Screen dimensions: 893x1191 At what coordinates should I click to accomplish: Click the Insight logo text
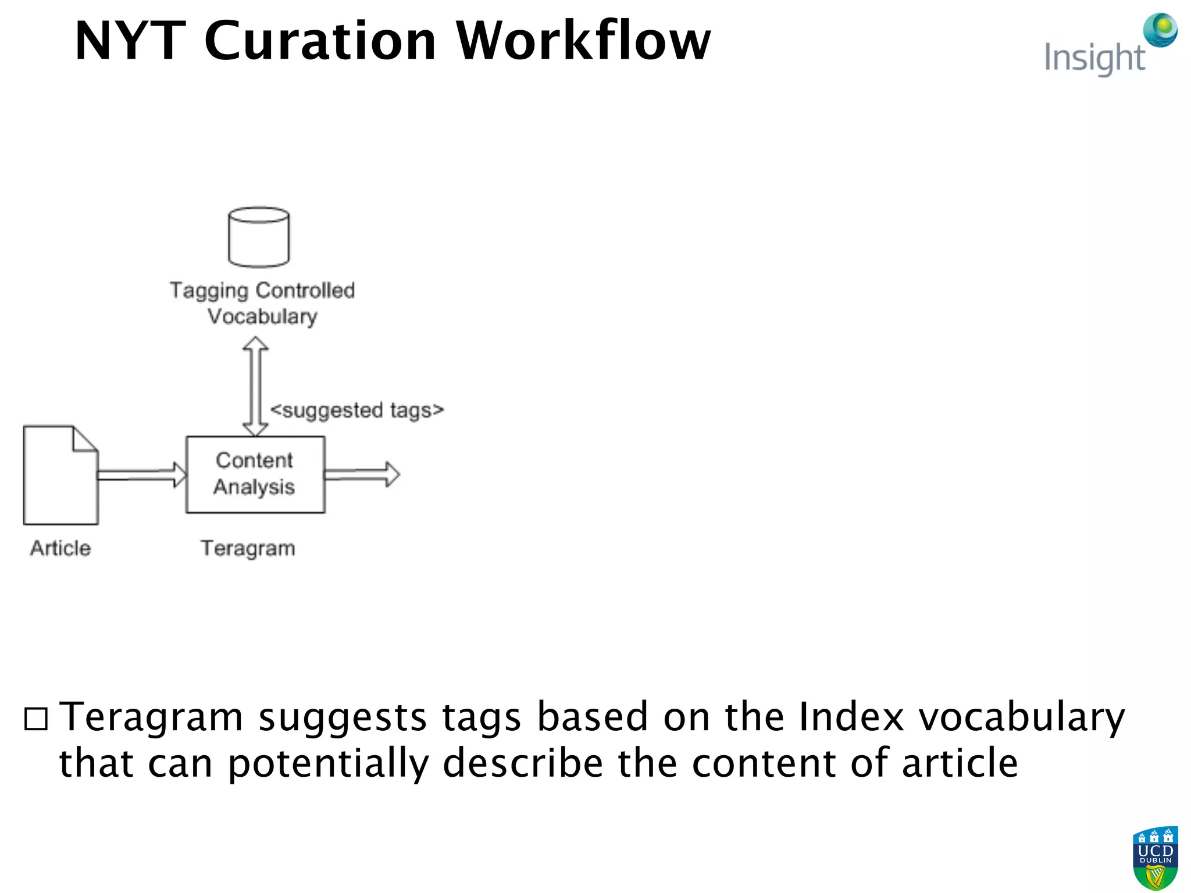coord(1094,58)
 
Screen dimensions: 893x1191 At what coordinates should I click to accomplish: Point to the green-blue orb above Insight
coord(1160,29)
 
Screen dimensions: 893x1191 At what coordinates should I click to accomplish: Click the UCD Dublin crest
coord(1155,858)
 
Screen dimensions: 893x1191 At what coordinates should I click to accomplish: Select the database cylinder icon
coord(259,237)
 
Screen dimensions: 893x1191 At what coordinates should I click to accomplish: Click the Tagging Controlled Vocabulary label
coord(262,303)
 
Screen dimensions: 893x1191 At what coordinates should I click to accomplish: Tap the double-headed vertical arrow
coord(255,386)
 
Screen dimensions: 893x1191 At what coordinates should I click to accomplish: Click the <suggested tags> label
coord(357,410)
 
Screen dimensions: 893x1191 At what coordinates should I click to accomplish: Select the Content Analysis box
coord(255,474)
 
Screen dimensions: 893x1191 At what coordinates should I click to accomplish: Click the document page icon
coord(60,475)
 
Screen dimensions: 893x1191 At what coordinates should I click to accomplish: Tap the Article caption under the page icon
coord(60,548)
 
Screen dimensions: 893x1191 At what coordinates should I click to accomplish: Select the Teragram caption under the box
coord(248,548)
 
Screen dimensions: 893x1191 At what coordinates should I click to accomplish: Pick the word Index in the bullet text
coord(851,716)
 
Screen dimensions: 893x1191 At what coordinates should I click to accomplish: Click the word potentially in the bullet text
coord(328,763)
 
